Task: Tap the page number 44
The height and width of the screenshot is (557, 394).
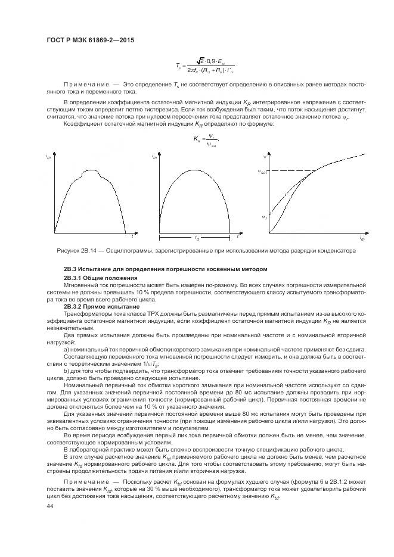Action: tap(49, 505)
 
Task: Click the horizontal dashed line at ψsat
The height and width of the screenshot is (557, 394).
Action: tap(292, 172)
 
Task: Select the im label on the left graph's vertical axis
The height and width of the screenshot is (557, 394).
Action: tap(47, 157)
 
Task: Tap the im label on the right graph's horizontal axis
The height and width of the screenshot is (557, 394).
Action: tap(362, 238)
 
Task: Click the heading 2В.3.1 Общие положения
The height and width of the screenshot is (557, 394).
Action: tap(101, 278)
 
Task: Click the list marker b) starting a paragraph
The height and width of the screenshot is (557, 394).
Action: tap(66, 371)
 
